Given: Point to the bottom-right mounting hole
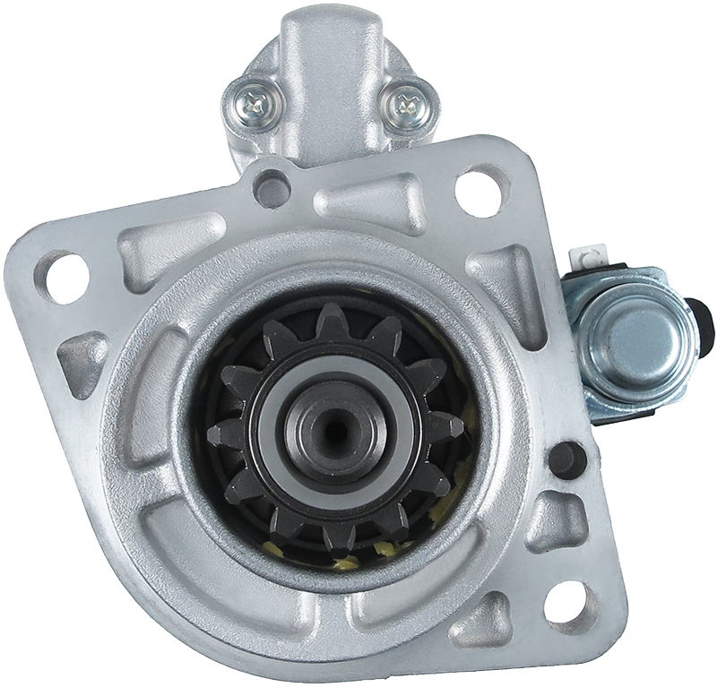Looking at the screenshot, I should pyautogui.click(x=571, y=601).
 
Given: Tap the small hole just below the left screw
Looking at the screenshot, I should pyautogui.click(x=272, y=187).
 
